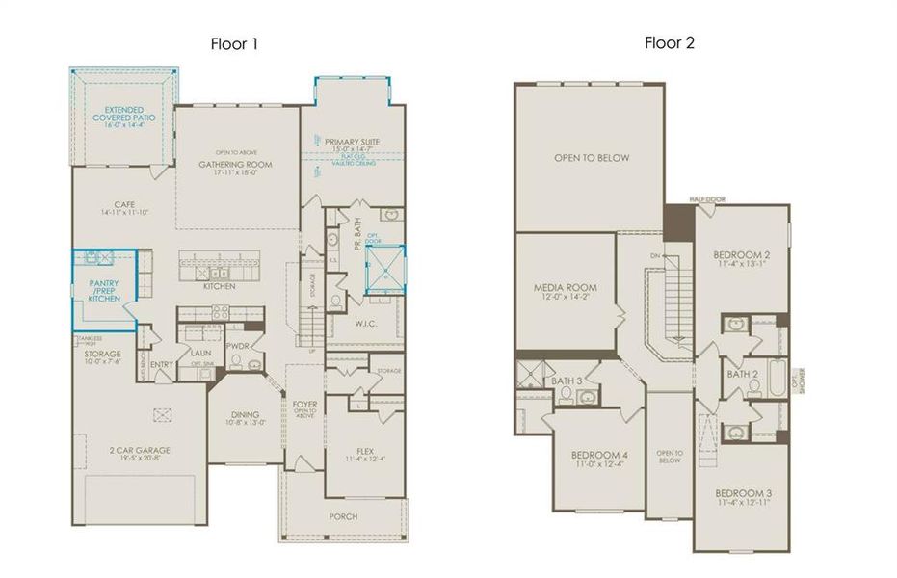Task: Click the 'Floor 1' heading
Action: point(234,43)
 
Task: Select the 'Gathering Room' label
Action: point(236,165)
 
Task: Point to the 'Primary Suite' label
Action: point(352,142)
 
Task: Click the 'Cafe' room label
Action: point(123,204)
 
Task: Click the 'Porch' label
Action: point(343,516)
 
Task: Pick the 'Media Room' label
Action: point(566,288)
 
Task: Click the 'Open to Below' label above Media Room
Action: point(592,158)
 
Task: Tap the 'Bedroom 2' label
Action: point(739,256)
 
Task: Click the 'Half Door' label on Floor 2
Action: point(706,199)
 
